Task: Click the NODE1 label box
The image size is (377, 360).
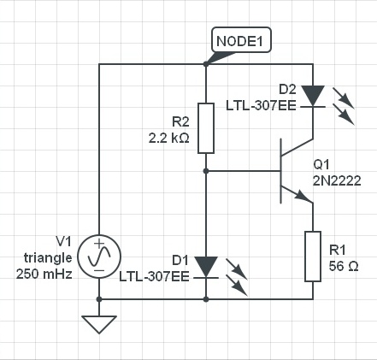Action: click(x=241, y=39)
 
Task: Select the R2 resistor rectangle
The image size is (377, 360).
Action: click(x=206, y=128)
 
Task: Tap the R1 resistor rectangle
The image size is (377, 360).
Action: click(x=313, y=257)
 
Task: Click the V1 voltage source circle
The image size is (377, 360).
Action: click(x=99, y=257)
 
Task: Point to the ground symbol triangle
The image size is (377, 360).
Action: click(x=99, y=324)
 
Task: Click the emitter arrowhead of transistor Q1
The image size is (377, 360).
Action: click(x=302, y=196)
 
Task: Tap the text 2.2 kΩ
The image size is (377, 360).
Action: click(x=169, y=139)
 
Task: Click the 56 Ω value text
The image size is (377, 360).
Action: click(x=344, y=266)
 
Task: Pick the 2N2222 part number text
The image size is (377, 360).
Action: click(x=337, y=180)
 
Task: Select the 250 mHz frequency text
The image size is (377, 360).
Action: click(x=44, y=274)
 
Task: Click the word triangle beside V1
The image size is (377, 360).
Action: click(x=48, y=258)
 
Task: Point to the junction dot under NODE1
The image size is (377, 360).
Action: click(x=206, y=64)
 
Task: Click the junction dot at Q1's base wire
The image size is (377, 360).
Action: click(x=206, y=171)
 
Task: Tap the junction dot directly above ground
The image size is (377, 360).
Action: click(x=99, y=299)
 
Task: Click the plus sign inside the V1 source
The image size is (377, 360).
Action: click(x=99, y=244)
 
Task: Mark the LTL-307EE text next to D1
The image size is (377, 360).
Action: click(x=154, y=276)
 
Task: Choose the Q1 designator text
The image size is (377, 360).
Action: click(x=321, y=164)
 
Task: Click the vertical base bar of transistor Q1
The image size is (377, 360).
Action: click(x=281, y=171)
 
